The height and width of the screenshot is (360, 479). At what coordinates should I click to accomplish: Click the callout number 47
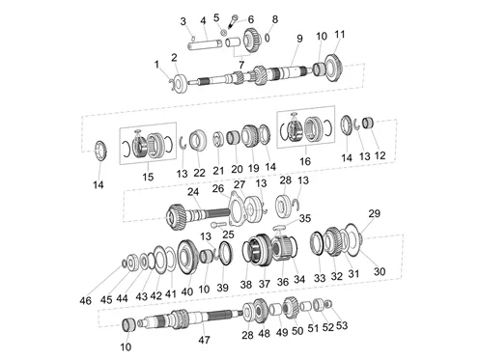click(204, 340)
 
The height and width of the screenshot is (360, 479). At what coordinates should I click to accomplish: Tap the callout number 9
click(299, 39)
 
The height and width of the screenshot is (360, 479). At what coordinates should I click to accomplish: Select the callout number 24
click(193, 192)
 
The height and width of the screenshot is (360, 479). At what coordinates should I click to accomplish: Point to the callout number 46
click(85, 301)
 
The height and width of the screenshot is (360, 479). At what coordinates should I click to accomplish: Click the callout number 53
click(342, 325)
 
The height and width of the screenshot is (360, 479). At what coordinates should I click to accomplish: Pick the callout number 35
click(305, 218)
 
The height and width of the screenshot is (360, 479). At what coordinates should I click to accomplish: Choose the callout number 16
click(305, 161)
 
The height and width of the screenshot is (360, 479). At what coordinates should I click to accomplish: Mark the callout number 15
click(148, 177)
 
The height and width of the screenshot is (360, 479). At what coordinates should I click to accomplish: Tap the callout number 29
click(374, 213)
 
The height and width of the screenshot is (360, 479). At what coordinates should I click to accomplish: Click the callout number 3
click(183, 21)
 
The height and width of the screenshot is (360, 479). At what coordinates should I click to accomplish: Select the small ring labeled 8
click(268, 38)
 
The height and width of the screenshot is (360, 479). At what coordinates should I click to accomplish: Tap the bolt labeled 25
click(216, 224)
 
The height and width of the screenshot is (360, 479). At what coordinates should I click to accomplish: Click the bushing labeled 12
click(368, 123)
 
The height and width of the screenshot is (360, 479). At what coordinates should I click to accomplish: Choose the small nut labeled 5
click(224, 32)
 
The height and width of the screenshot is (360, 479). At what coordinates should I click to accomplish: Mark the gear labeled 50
click(291, 308)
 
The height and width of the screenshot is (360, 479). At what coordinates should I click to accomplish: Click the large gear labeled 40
click(187, 258)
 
